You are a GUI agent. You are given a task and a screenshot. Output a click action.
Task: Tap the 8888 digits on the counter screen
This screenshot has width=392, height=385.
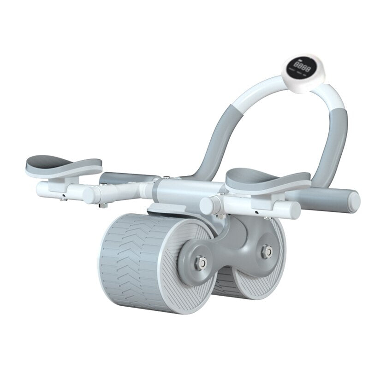[x=304, y=68]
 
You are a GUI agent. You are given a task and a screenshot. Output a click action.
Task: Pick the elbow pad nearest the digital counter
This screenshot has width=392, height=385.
[x=267, y=180]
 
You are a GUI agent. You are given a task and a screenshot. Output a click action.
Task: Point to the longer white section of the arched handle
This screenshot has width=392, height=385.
[x=258, y=92]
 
